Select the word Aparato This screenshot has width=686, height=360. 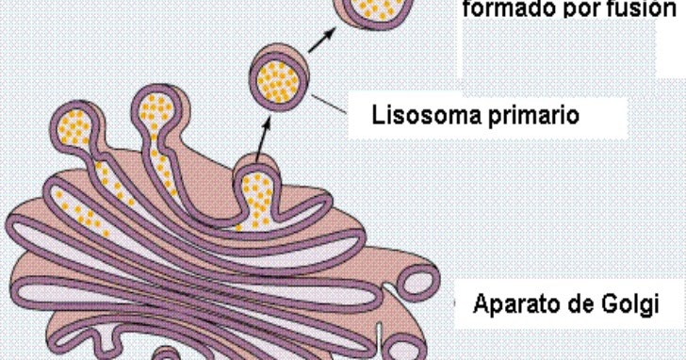(514, 304)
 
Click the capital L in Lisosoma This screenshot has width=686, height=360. (379, 118)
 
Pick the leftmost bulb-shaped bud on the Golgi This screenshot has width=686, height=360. (73, 123)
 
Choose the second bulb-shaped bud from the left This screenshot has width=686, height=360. (156, 107)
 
